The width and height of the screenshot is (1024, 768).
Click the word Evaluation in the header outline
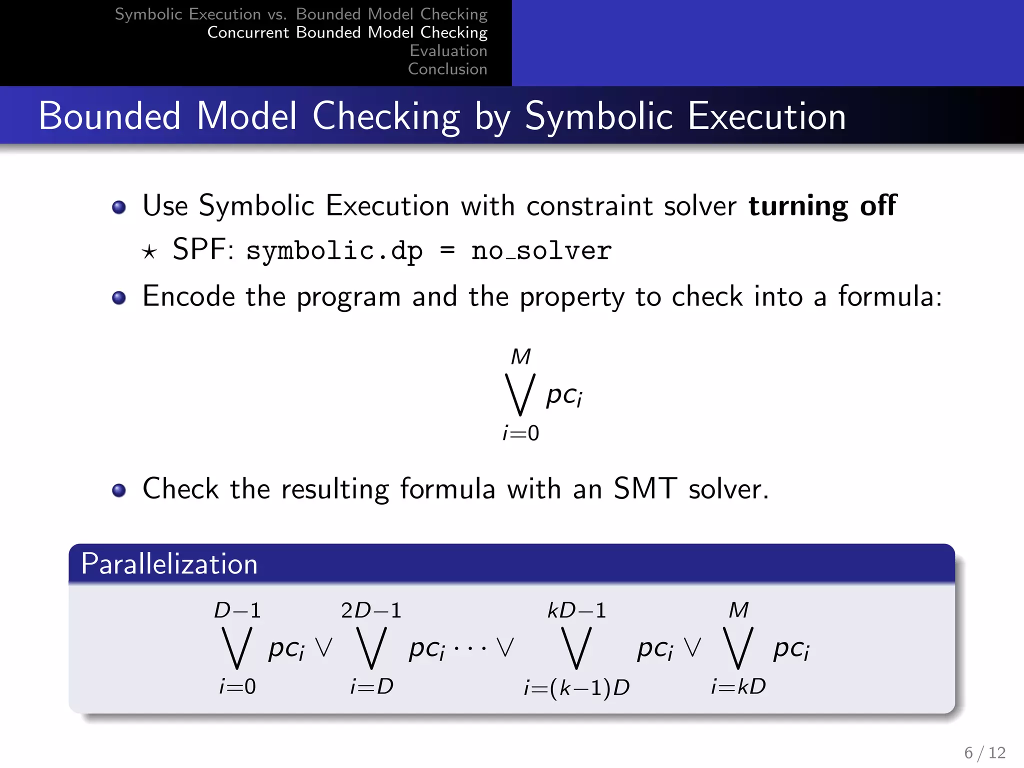(x=448, y=50)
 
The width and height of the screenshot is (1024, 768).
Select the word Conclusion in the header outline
(x=447, y=69)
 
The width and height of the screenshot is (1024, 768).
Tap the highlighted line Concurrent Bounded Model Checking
(x=347, y=32)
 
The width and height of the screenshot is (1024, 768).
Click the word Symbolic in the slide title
(x=599, y=116)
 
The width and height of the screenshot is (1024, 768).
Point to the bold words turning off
(x=822, y=205)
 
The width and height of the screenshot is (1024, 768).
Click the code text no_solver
(x=541, y=250)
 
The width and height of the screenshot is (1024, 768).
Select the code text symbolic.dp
(x=334, y=250)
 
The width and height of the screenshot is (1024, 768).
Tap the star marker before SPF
(x=149, y=251)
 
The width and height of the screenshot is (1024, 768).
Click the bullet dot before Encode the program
(x=119, y=298)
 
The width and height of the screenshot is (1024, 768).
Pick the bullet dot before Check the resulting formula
(x=119, y=490)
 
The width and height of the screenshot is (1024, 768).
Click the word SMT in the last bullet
(x=644, y=488)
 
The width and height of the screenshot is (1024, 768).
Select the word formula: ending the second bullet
(x=889, y=296)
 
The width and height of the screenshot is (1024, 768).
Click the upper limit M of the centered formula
(x=520, y=357)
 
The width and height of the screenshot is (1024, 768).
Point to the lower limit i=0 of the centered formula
(x=520, y=433)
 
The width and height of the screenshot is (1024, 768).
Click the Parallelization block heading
(x=169, y=564)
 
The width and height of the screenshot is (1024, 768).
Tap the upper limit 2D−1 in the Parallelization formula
(x=371, y=610)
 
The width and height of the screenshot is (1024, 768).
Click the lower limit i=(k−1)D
(x=576, y=688)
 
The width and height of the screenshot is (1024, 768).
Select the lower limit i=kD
(x=738, y=686)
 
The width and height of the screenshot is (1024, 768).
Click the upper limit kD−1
(x=576, y=610)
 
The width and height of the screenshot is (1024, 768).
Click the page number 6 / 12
(x=984, y=752)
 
